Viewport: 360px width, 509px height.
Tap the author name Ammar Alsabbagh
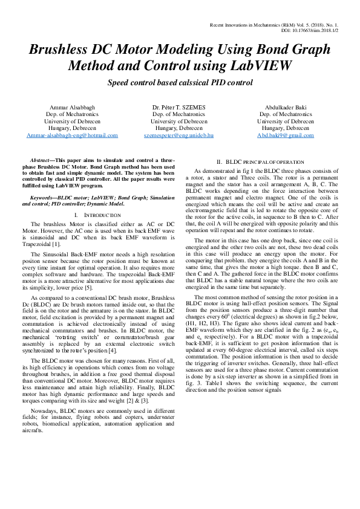click(73, 107)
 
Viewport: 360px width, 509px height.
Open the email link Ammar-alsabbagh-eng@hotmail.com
click(73, 136)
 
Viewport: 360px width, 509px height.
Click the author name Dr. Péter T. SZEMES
click(179, 107)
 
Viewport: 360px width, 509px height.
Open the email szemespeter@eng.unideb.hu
click(179, 136)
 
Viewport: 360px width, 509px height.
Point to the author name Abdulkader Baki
click(286, 107)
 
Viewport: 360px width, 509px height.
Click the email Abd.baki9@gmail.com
click(286, 136)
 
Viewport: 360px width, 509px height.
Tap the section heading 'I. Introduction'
click(92, 215)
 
